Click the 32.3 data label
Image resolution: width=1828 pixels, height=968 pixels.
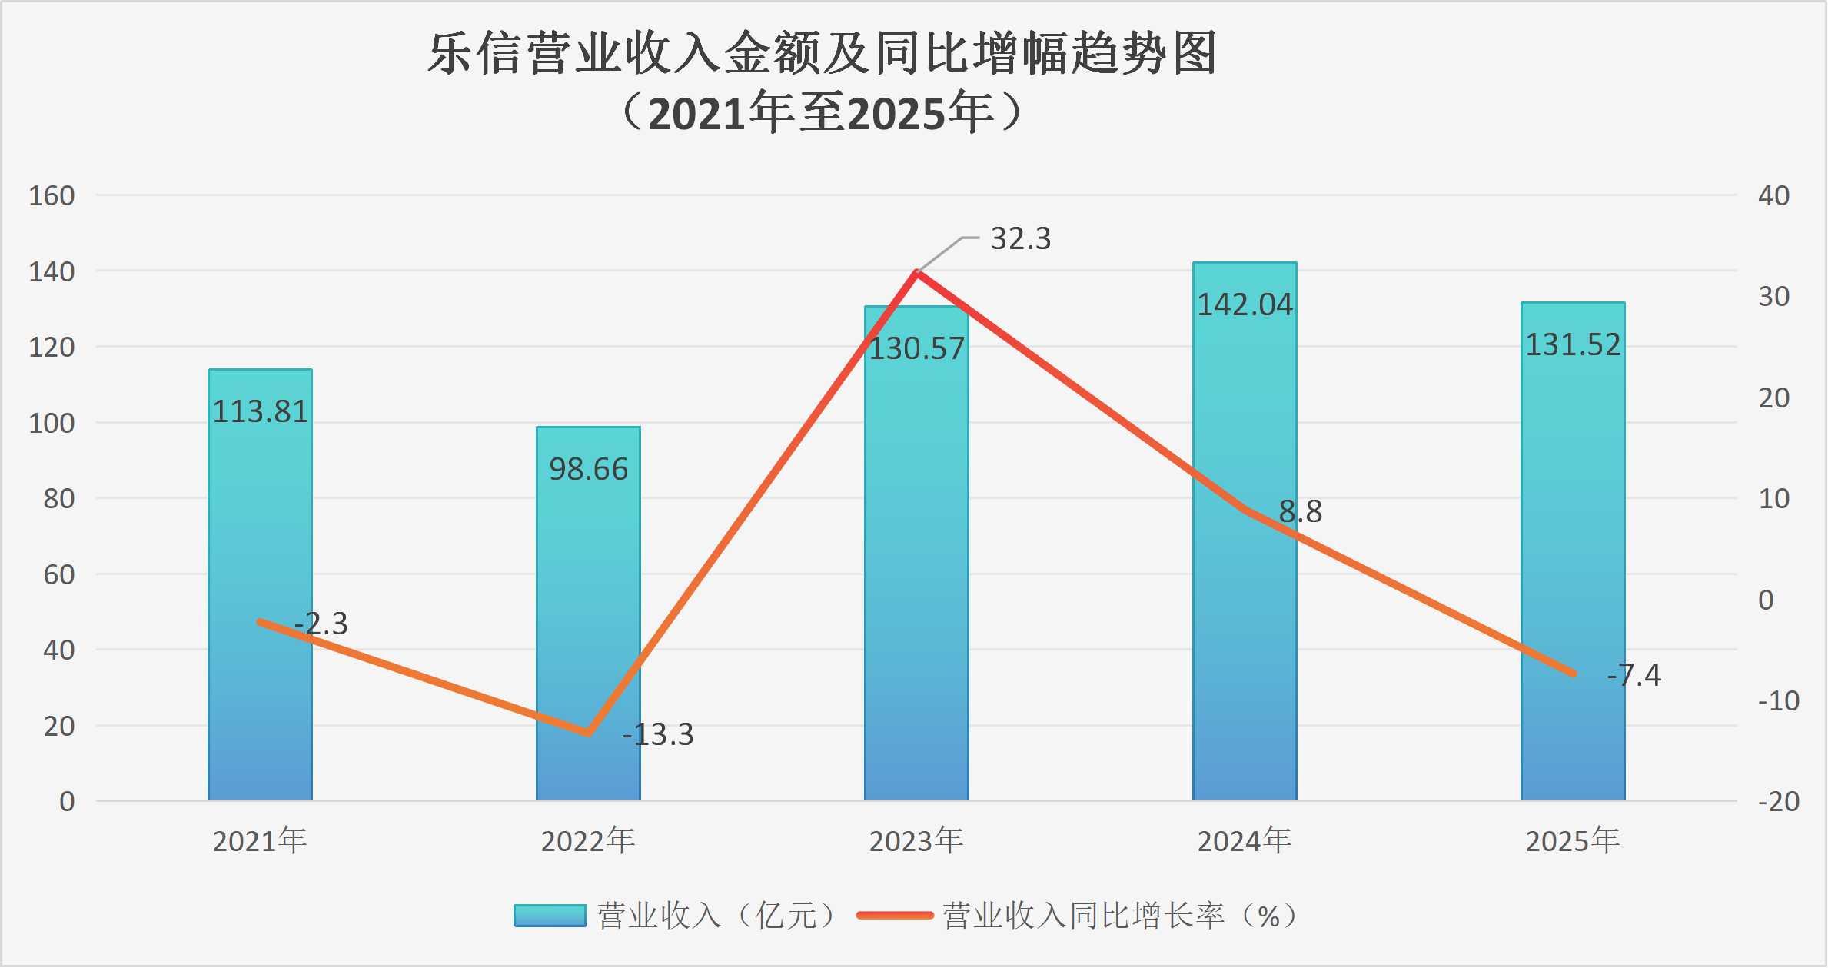point(1020,239)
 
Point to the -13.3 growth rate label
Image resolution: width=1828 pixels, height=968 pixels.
point(658,735)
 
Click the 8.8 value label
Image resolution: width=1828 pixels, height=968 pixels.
point(1300,511)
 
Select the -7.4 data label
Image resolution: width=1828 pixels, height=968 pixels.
point(1634,675)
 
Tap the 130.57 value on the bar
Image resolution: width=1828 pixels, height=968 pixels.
point(916,349)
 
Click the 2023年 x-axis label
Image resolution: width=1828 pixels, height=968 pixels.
point(916,841)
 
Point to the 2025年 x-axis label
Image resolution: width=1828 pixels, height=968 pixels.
point(1573,841)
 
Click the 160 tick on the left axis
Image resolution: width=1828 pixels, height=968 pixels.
point(52,196)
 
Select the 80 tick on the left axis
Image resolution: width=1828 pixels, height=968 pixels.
point(59,499)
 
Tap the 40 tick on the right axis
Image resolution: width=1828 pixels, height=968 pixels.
point(1774,196)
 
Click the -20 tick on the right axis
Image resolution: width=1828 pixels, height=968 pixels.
point(1779,802)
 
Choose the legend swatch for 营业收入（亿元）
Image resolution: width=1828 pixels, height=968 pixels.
point(550,916)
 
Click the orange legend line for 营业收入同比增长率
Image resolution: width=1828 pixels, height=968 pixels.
point(895,916)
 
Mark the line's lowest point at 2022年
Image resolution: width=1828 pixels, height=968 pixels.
point(588,733)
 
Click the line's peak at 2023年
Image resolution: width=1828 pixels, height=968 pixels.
point(916,272)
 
